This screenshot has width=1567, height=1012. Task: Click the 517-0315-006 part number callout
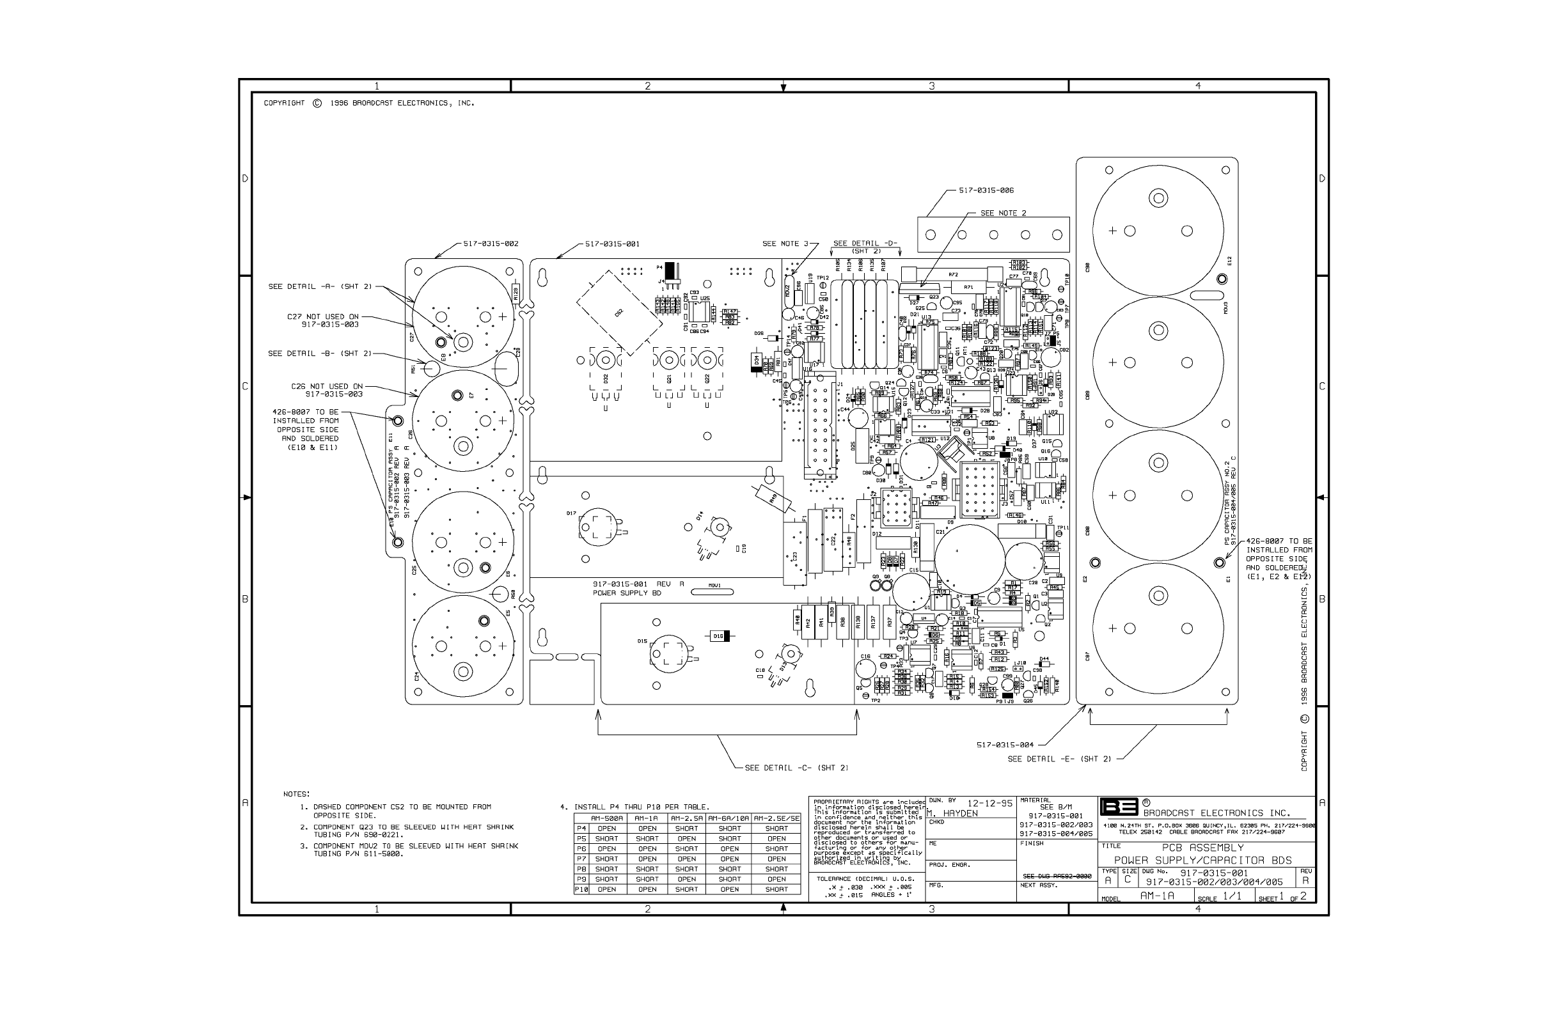pos(986,191)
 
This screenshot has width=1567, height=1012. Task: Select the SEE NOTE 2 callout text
pos(1003,213)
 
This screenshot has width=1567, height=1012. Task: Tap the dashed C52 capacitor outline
pos(618,313)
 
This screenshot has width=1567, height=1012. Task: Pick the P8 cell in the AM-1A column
pos(647,869)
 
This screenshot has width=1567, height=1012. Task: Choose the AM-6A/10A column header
pos(729,819)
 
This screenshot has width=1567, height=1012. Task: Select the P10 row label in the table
pos(581,889)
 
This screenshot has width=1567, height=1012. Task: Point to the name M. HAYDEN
pos(952,814)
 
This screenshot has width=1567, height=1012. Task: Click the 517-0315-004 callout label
pos(1005,745)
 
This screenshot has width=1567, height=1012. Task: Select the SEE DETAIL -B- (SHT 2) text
pos(319,354)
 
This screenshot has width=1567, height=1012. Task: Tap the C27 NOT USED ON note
pos(323,316)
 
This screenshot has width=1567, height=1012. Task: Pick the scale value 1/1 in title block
pos(1232,896)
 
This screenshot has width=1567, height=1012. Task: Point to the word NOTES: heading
pos(296,794)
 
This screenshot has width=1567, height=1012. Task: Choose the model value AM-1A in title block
pos(1157,896)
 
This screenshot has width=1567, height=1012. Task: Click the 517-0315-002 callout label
pos(491,244)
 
